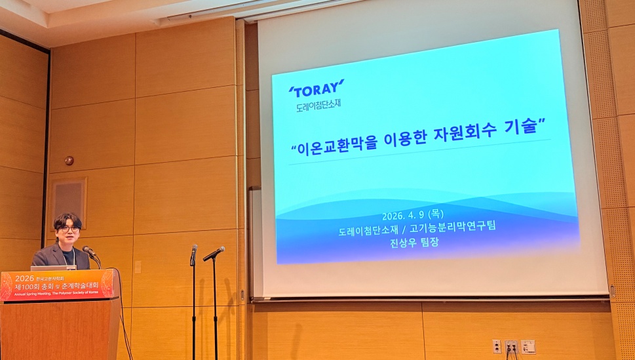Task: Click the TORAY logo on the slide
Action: pos(316,88)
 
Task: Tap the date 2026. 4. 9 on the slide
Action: pos(404,216)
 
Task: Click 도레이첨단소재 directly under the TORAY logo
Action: pos(318,103)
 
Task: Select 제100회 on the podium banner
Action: pos(28,287)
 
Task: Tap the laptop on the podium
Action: pos(52,268)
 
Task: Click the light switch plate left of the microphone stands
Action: pos(138,266)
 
